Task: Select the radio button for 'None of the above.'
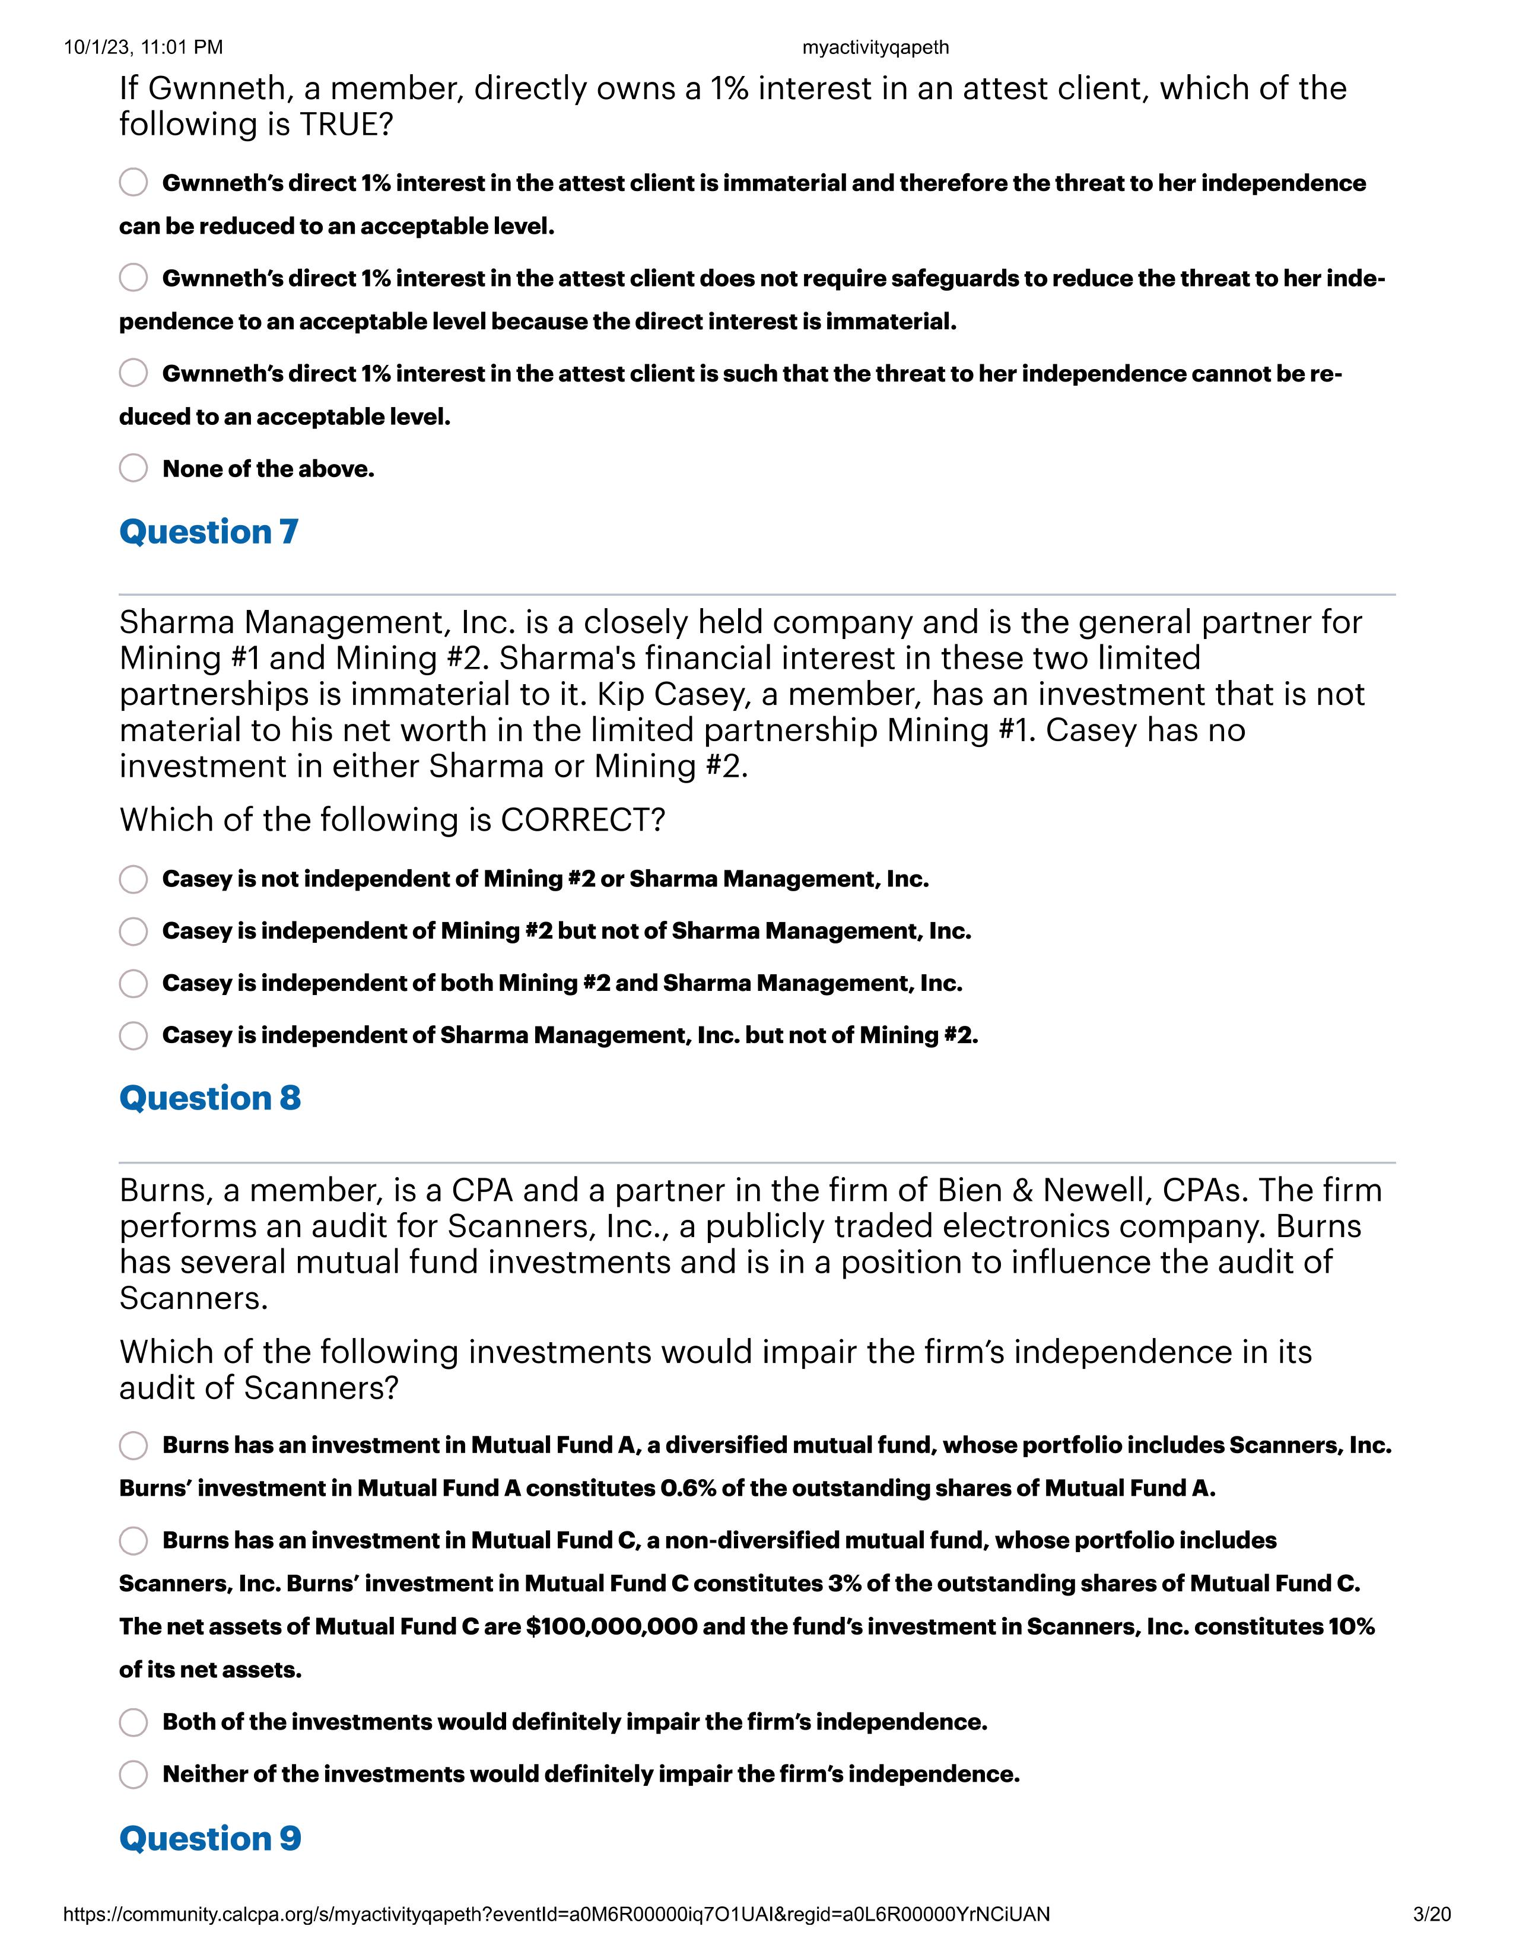[x=133, y=468]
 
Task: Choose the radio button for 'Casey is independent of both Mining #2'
[x=133, y=984]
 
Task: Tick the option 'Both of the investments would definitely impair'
[x=133, y=1722]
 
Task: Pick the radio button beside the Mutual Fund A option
[x=133, y=1445]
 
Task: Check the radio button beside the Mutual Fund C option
[x=133, y=1540]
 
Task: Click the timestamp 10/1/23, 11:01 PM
[x=144, y=47]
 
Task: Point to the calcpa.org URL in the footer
[x=556, y=1915]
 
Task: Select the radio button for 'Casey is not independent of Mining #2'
[x=133, y=879]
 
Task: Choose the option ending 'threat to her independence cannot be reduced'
[x=133, y=373]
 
